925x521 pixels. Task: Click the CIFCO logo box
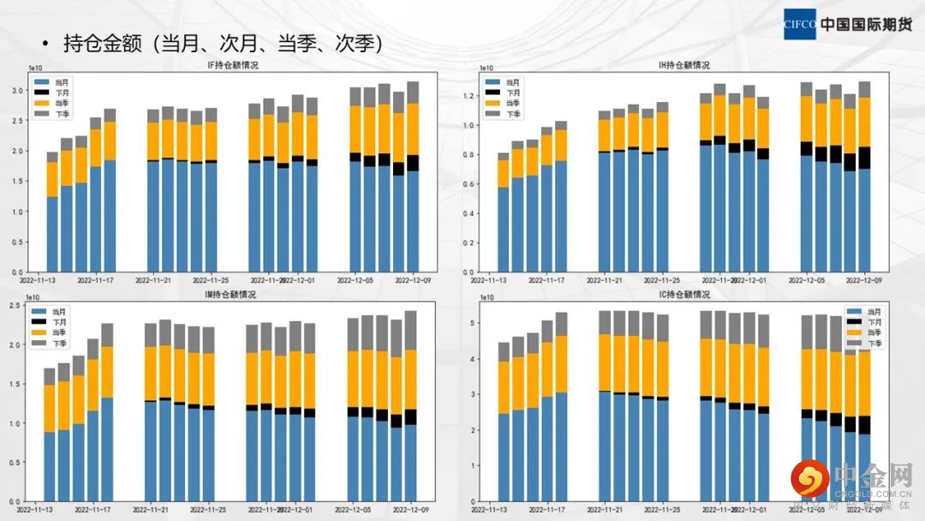pyautogui.click(x=801, y=25)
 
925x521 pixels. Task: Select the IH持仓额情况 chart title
pyautogui.click(x=683, y=65)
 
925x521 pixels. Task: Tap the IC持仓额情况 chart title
pyautogui.click(x=683, y=295)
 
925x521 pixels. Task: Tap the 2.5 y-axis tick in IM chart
pyautogui.click(x=15, y=306)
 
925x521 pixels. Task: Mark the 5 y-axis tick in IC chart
pyautogui.click(x=472, y=321)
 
